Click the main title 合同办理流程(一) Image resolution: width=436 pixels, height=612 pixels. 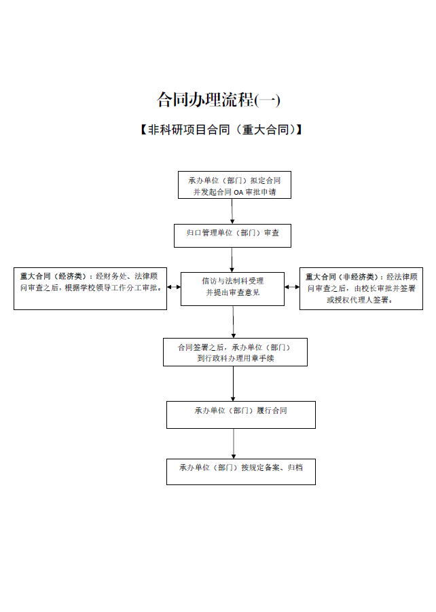tap(219, 100)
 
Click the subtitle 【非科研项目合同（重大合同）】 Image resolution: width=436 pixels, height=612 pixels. tap(221, 130)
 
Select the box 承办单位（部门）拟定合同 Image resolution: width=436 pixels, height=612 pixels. tap(234, 185)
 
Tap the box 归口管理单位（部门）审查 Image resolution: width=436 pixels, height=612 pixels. tap(232, 235)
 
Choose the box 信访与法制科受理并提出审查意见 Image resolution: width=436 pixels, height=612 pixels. tap(232, 289)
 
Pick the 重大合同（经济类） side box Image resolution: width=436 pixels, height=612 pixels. tap(90, 289)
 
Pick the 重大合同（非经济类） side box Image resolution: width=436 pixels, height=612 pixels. tap(361, 289)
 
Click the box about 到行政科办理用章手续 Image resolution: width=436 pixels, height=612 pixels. tap(235, 352)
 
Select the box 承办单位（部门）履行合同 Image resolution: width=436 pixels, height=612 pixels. tap(241, 415)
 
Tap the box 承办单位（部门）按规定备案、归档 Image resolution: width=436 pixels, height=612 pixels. tap(241, 472)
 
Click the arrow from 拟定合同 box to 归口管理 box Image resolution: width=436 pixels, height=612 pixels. tap(232, 211)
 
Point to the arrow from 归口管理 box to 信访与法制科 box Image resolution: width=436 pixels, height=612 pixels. tap(232, 260)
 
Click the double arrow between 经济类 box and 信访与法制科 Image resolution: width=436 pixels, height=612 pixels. tap(174, 287)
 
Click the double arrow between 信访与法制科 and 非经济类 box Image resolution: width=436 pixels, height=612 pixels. tap(292, 287)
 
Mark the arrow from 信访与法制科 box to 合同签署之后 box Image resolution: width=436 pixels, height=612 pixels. tap(233, 322)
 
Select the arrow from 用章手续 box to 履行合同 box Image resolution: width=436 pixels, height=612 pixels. tap(233, 383)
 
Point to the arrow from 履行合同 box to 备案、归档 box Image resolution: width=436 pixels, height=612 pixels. tap(234, 444)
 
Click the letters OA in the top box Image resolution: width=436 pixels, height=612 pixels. tap(238, 193)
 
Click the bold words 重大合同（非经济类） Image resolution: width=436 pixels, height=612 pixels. tap(339, 277)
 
